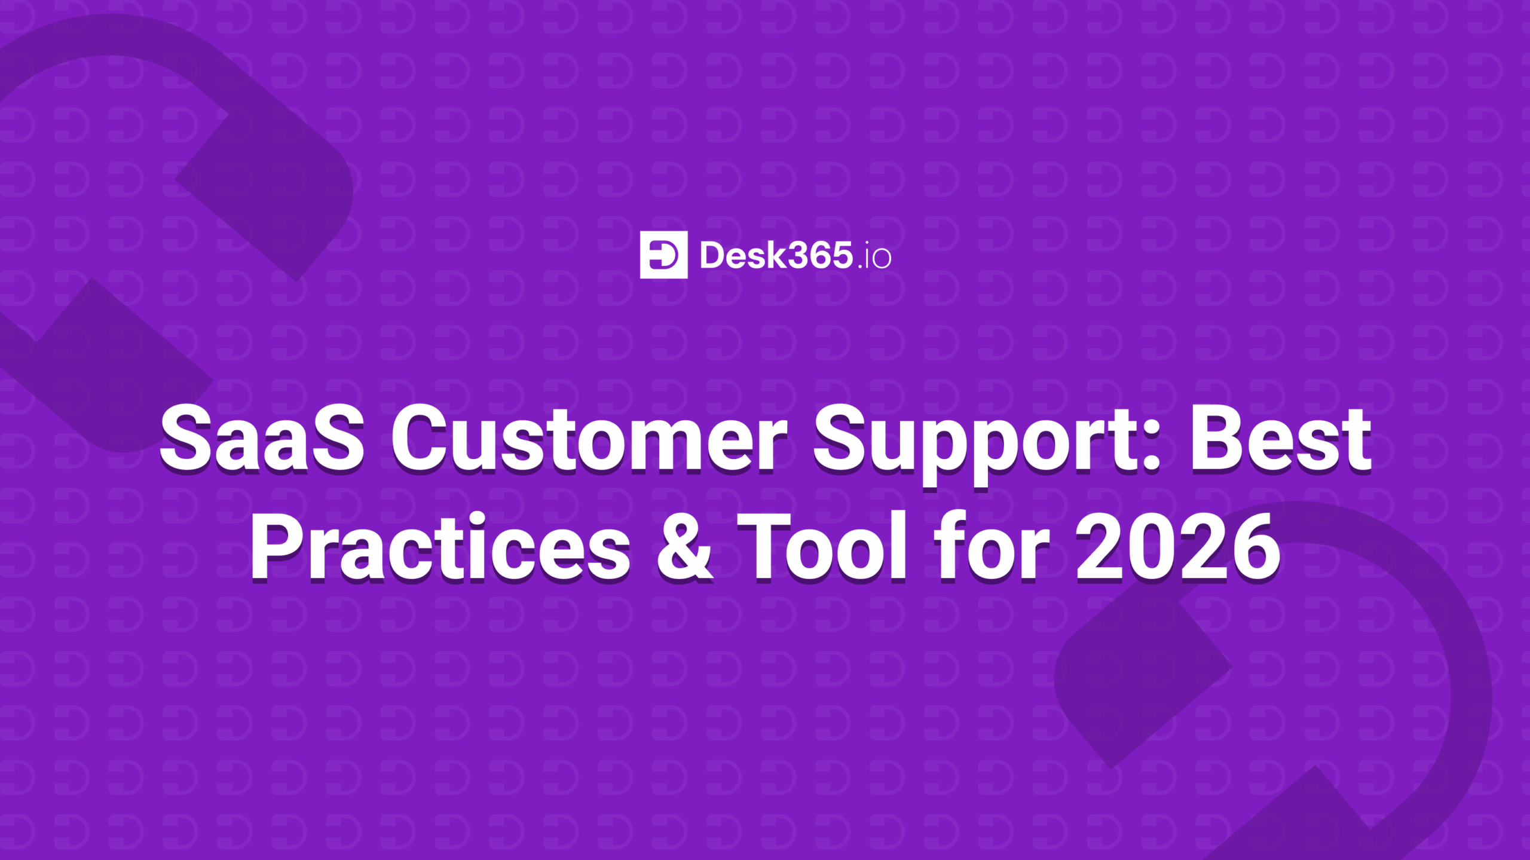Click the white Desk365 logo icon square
[x=663, y=255]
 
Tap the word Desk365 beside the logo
[x=776, y=256]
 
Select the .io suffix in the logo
[x=874, y=258]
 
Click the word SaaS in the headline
[x=261, y=439]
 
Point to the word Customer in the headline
[x=589, y=439]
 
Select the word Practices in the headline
[x=440, y=547]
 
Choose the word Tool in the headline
[x=822, y=547]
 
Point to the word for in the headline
[x=992, y=547]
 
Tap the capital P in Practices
[x=278, y=547]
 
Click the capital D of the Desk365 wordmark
[x=712, y=256]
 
